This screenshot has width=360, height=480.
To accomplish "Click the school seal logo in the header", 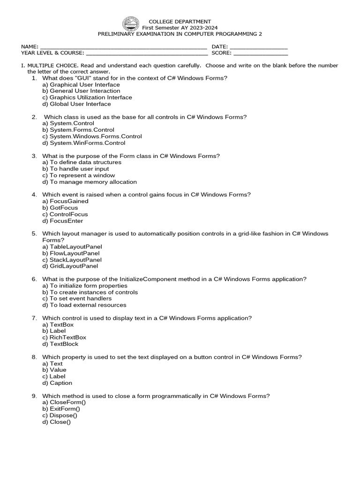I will click(131, 24).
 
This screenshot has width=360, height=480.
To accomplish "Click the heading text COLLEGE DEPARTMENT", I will click(180, 22).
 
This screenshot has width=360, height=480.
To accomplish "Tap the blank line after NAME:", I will click(124, 47).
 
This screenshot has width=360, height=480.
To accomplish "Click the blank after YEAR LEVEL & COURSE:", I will click(146, 53).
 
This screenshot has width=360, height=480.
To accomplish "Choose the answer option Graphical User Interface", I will click(81, 85).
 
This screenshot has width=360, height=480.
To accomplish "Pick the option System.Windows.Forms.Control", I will click(92, 136).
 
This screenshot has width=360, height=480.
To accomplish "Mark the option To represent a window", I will click(78, 175).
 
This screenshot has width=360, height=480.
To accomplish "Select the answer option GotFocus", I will click(60, 208).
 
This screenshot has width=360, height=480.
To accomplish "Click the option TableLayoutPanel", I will click(72, 247).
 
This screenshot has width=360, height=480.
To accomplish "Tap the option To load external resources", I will click(84, 305).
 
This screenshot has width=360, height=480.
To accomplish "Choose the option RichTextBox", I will click(64, 337).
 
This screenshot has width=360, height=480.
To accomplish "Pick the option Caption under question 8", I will click(57, 383).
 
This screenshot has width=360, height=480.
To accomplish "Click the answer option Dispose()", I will click(60, 415).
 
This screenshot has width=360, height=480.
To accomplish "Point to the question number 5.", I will click(34, 233).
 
